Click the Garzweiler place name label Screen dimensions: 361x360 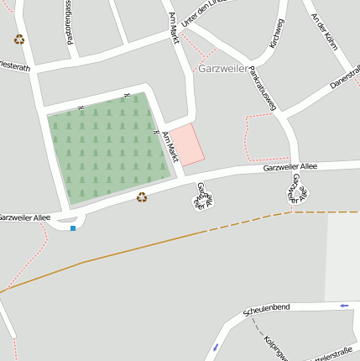[x=222, y=67]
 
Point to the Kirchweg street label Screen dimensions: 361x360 [x=275, y=34]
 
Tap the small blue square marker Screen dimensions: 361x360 [x=73, y=228]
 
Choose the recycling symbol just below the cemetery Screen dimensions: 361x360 [x=142, y=197]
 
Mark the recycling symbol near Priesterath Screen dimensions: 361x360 [x=18, y=39]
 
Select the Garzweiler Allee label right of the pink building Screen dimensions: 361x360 [x=290, y=168]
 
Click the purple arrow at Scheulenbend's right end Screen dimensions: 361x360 [x=344, y=306]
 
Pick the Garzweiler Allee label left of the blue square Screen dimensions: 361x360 [x=24, y=217]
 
